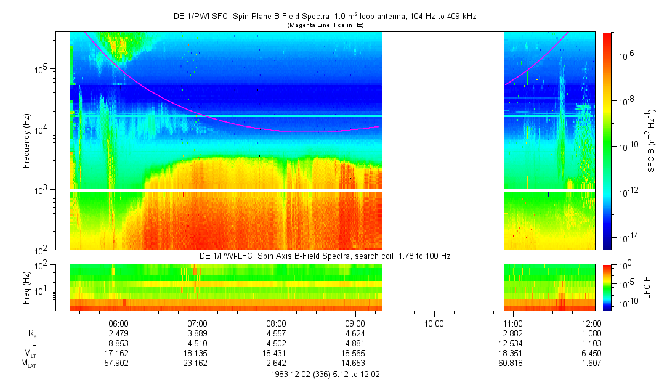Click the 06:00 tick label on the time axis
coord(118,323)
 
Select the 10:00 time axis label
coord(434,323)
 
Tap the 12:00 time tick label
coord(592,323)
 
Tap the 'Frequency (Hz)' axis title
coord(26,140)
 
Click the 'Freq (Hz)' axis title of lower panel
coord(26,287)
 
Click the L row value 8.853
coord(118,343)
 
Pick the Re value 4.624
coord(355,333)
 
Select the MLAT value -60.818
coord(512,363)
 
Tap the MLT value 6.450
coord(592,353)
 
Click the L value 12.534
coord(512,343)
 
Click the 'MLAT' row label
coord(29,364)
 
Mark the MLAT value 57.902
coord(118,363)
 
